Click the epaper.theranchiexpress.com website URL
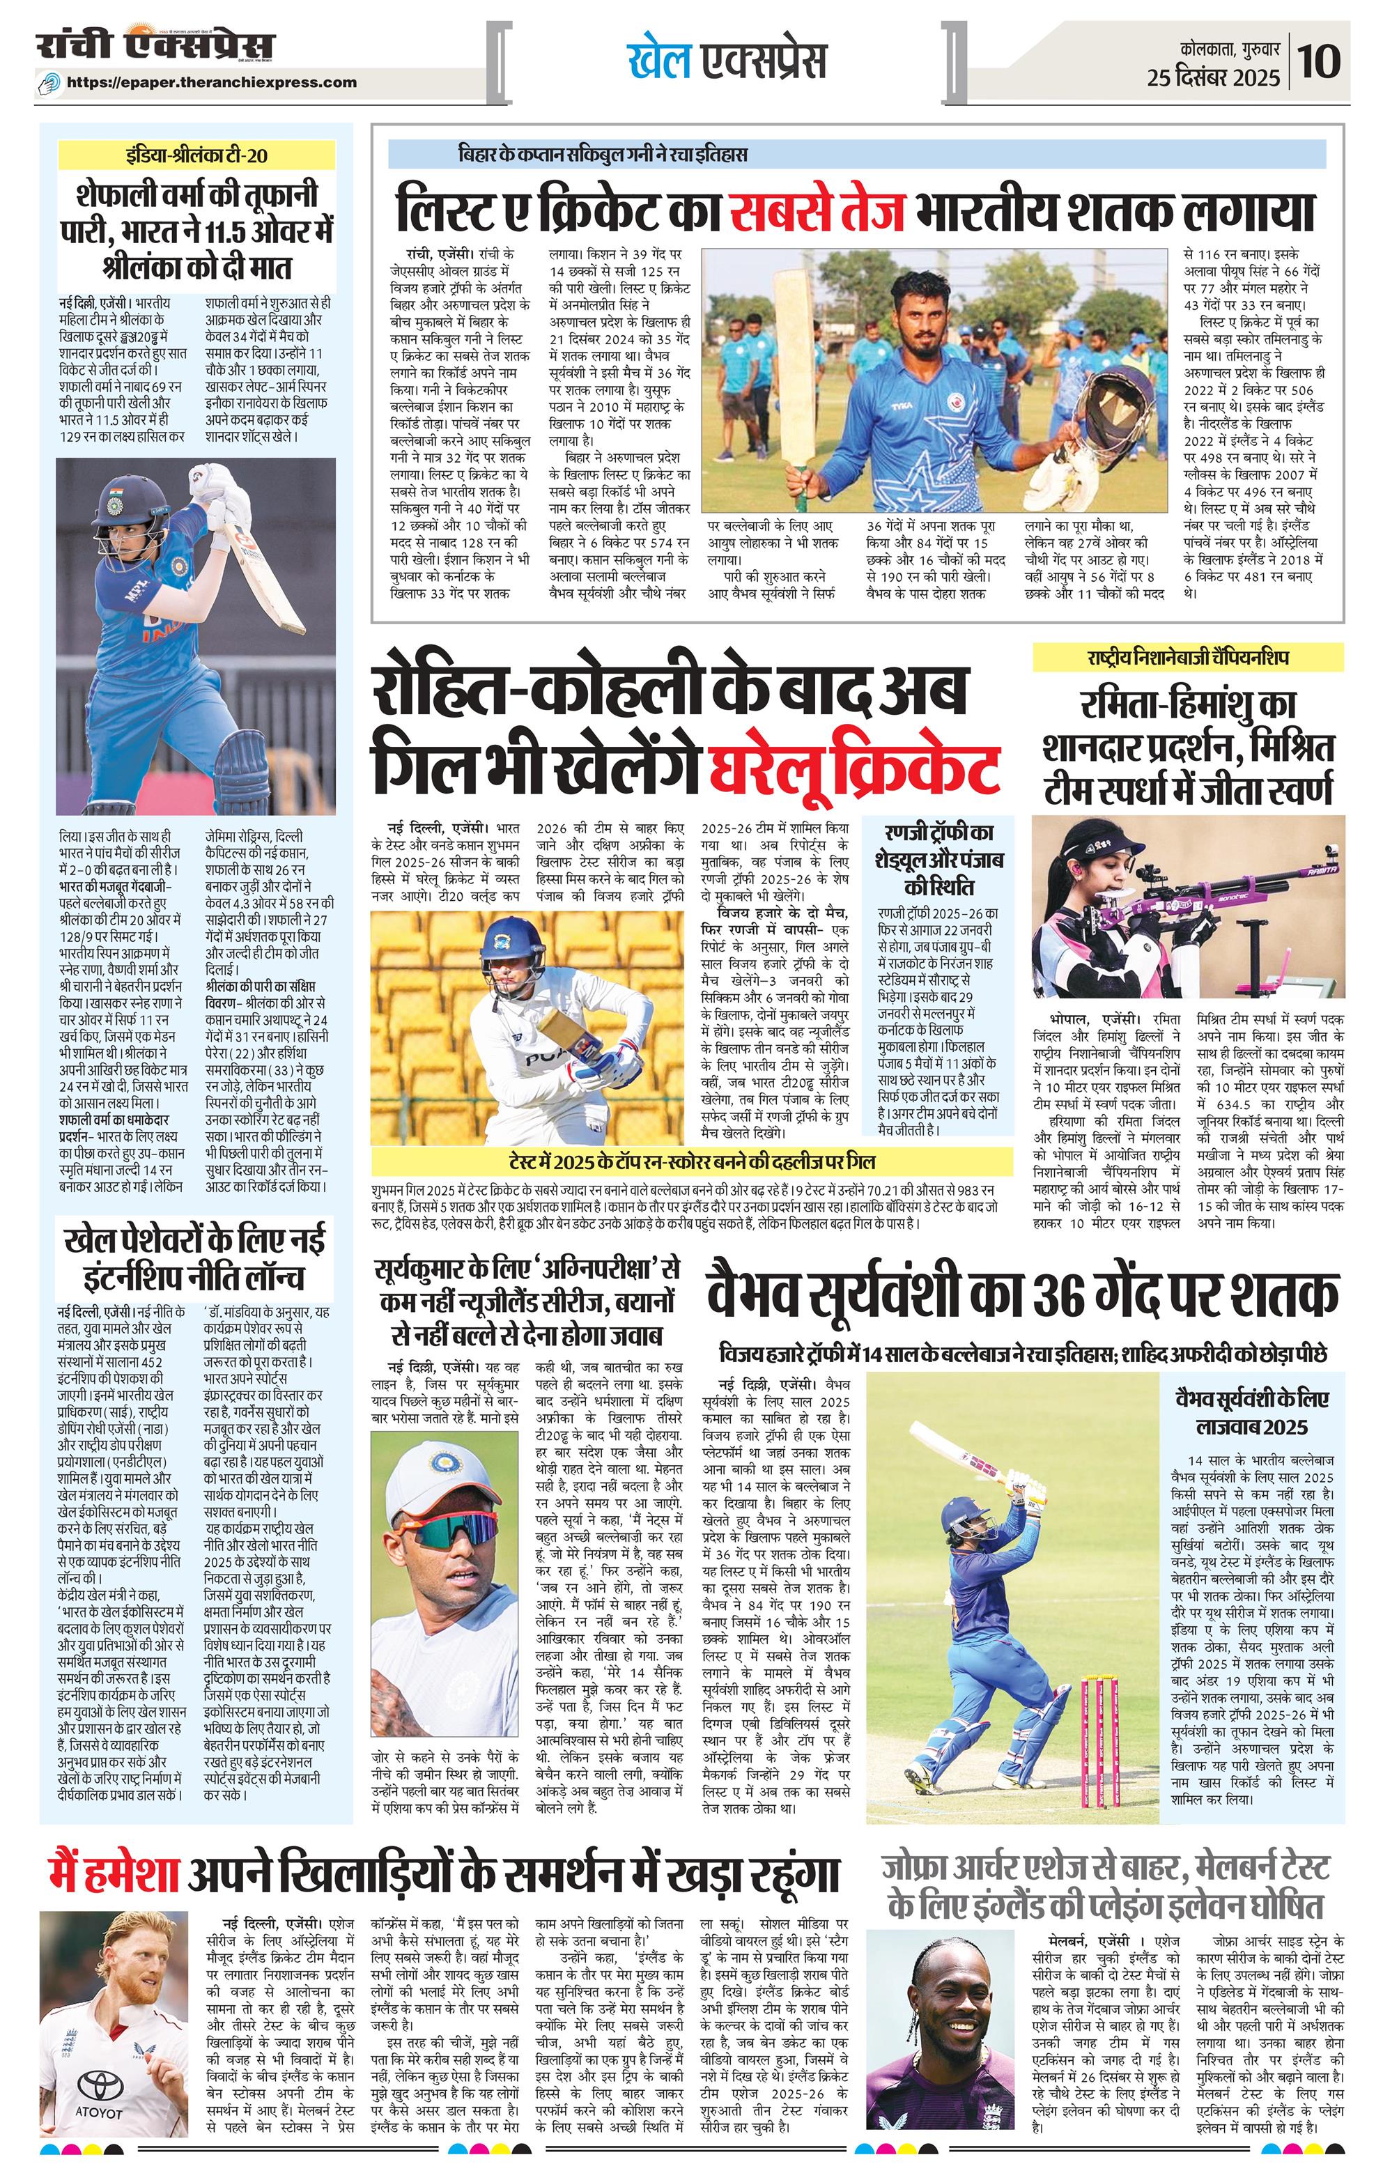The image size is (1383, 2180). coord(212,82)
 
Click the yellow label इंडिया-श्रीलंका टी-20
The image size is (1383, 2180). coord(196,155)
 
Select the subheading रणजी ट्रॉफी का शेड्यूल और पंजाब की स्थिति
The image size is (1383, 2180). coord(938,860)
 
